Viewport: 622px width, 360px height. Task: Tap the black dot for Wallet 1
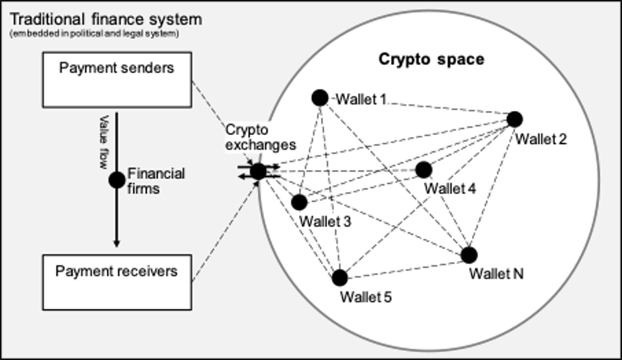(x=320, y=98)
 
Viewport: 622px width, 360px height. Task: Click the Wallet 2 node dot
(x=514, y=119)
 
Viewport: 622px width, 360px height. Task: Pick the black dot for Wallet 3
(x=299, y=202)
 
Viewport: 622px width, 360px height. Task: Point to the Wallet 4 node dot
(x=424, y=170)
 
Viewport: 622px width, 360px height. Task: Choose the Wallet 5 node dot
(x=340, y=278)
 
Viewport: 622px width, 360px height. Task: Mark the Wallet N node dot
(x=469, y=255)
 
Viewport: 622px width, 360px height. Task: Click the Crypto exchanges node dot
(x=258, y=171)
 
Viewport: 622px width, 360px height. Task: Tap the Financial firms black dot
(x=117, y=180)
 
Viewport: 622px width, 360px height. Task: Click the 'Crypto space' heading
(x=431, y=60)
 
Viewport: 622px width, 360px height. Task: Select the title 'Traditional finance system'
(x=102, y=19)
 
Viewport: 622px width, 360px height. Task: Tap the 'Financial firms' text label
(x=156, y=180)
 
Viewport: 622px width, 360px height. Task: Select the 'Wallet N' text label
(x=497, y=274)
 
